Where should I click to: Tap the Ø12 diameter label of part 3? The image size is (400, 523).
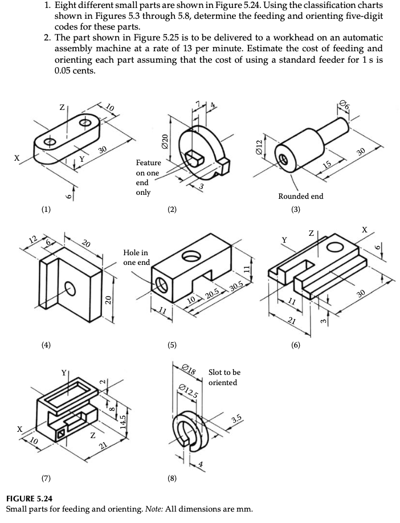pos(258,145)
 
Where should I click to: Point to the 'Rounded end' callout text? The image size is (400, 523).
pos(300,196)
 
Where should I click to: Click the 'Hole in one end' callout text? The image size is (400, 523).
pos(136,258)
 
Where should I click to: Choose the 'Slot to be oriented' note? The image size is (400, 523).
pos(225,377)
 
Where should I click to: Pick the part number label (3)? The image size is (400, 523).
pos(295,210)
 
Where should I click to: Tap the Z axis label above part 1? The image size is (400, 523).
pos(63,107)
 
